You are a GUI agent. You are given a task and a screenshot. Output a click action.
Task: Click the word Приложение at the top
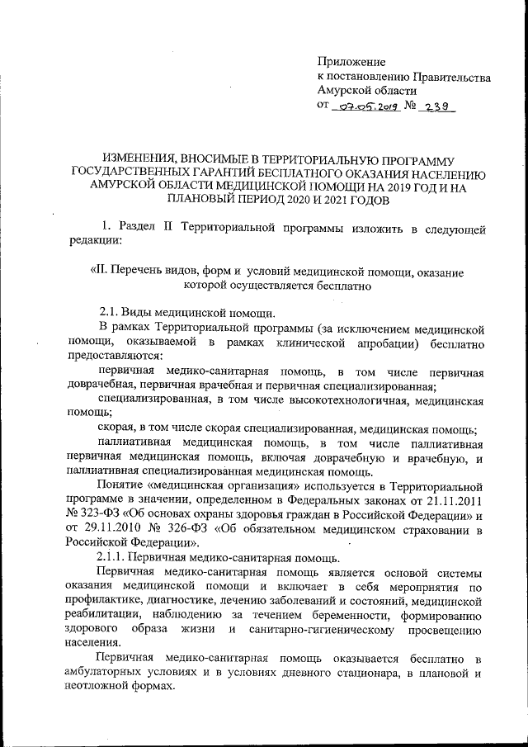[351, 62]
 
